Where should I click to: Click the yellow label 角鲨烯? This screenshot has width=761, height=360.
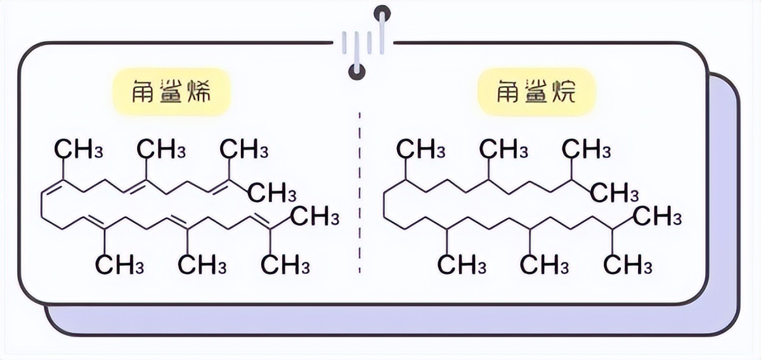click(171, 93)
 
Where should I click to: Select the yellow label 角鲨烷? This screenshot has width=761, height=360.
click(537, 93)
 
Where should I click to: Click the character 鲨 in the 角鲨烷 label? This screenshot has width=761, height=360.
click(537, 93)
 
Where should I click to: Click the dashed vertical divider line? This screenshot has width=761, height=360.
click(360, 190)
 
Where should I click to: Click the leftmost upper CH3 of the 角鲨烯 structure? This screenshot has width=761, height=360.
click(79, 151)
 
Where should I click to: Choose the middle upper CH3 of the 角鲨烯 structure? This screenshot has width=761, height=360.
click(161, 151)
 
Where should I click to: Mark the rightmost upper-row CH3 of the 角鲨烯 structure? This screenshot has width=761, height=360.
click(244, 151)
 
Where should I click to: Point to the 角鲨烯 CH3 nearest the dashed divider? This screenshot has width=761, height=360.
click(315, 217)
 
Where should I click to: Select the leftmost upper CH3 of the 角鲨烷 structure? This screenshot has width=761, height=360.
click(421, 151)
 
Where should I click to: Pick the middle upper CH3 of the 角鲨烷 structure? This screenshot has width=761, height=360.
click(504, 151)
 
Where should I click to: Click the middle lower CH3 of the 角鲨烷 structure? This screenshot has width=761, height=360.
click(545, 265)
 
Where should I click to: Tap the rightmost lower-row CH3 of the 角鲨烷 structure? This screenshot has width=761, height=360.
click(628, 265)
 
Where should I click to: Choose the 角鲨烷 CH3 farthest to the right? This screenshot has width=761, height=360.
click(658, 217)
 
